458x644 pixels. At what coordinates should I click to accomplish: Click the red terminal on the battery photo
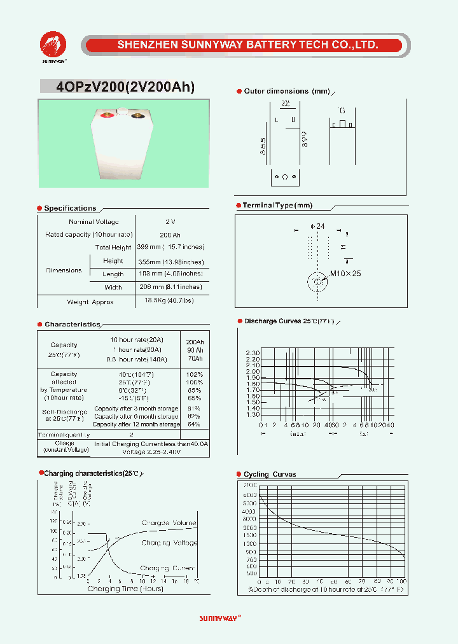pos(108,115)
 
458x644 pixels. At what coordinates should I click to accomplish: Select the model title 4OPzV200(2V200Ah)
pos(125,87)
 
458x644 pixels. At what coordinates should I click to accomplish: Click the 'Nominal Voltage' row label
pos(94,221)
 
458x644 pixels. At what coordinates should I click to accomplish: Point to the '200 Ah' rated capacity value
pos(169,235)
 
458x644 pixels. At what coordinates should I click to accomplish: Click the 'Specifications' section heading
pos(70,208)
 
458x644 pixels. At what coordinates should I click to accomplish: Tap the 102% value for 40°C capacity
pos(195,374)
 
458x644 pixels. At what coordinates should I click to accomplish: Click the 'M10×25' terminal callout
pos(345,274)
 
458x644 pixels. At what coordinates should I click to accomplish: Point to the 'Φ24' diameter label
pos(317,226)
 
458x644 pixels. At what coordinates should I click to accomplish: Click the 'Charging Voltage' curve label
pos(169,543)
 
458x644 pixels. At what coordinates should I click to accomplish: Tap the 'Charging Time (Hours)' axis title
pos(125,589)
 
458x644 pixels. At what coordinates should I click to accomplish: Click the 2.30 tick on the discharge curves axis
pos(253,353)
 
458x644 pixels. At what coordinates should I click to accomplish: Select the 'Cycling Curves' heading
pos(270,474)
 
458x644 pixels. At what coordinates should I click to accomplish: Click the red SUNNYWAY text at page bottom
pos(219,618)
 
